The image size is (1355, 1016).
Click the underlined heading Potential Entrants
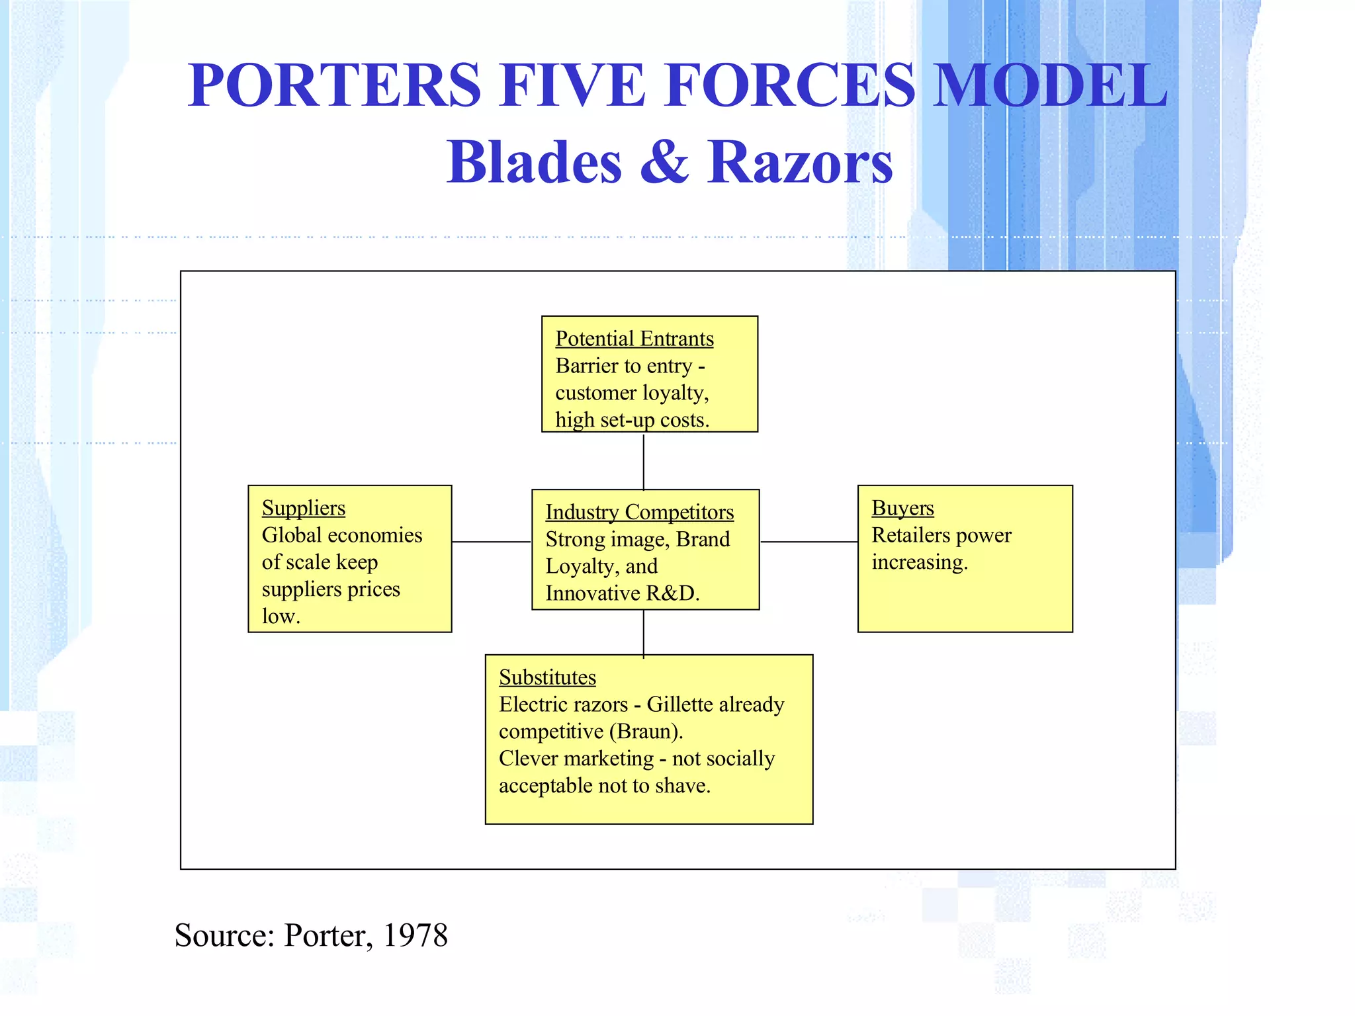pyautogui.click(x=634, y=339)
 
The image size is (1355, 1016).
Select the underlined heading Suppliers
pyautogui.click(x=303, y=508)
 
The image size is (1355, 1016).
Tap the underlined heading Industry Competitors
pyautogui.click(x=639, y=512)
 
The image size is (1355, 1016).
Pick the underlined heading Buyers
pyautogui.click(x=902, y=508)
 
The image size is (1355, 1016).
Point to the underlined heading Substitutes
pyautogui.click(x=547, y=677)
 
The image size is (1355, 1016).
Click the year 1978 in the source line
pyautogui.click(x=415, y=935)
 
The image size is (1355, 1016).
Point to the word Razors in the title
pyautogui.click(x=800, y=163)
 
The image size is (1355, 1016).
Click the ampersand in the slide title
pyautogui.click(x=664, y=163)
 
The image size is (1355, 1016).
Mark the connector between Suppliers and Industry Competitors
pyautogui.click(x=492, y=542)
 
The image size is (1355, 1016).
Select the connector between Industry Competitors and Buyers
pyautogui.click(x=809, y=542)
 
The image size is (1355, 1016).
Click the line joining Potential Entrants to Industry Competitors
pyautogui.click(x=644, y=461)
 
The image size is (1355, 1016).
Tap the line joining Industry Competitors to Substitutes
pyautogui.click(x=644, y=632)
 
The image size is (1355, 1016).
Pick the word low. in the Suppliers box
pyautogui.click(x=281, y=616)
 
